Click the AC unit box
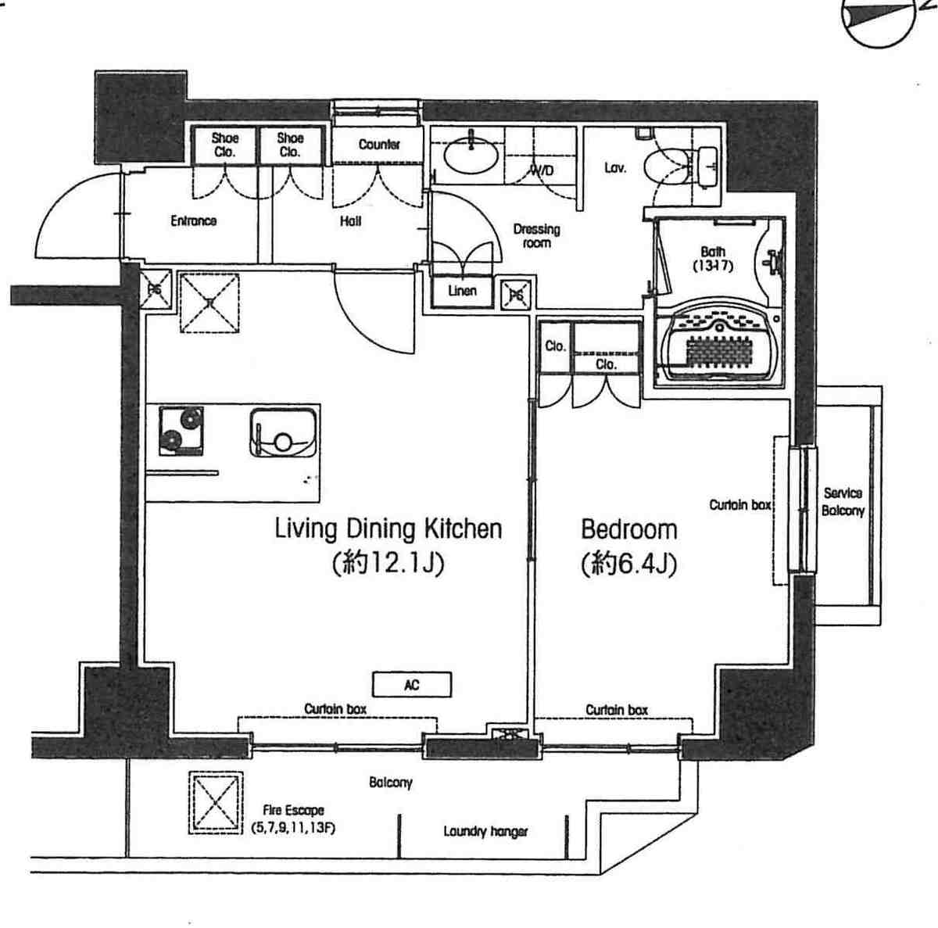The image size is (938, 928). pos(411,685)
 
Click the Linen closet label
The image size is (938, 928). pos(462,291)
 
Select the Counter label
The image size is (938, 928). pos(379,144)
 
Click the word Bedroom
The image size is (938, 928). pos(629,529)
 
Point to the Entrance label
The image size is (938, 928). pos(193,221)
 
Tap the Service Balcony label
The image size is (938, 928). pos(843,502)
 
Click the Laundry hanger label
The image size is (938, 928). pos(485,831)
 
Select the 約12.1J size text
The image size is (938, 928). pos(388,564)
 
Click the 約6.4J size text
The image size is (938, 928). pos(629,564)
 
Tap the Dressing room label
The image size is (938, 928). pos(536,235)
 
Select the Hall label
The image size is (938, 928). pos(350,221)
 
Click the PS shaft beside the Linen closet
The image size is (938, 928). pos(517,294)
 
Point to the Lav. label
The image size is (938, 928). pos(615,168)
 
